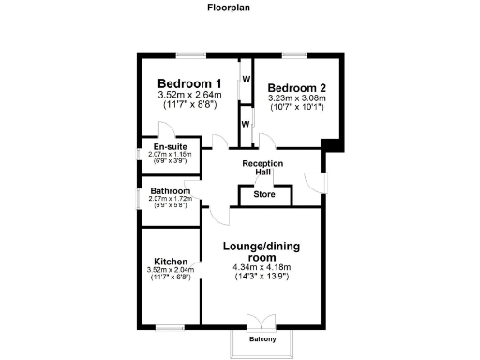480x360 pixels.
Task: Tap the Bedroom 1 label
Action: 188,82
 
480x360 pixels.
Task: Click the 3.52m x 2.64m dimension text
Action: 188,95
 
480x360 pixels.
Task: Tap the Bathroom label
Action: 170,191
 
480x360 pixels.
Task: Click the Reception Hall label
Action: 262,168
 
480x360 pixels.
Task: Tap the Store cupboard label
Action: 264,195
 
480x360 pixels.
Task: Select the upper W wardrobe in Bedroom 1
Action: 246,79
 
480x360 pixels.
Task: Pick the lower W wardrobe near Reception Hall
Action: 246,124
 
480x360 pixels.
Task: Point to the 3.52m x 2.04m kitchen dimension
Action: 170,271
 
